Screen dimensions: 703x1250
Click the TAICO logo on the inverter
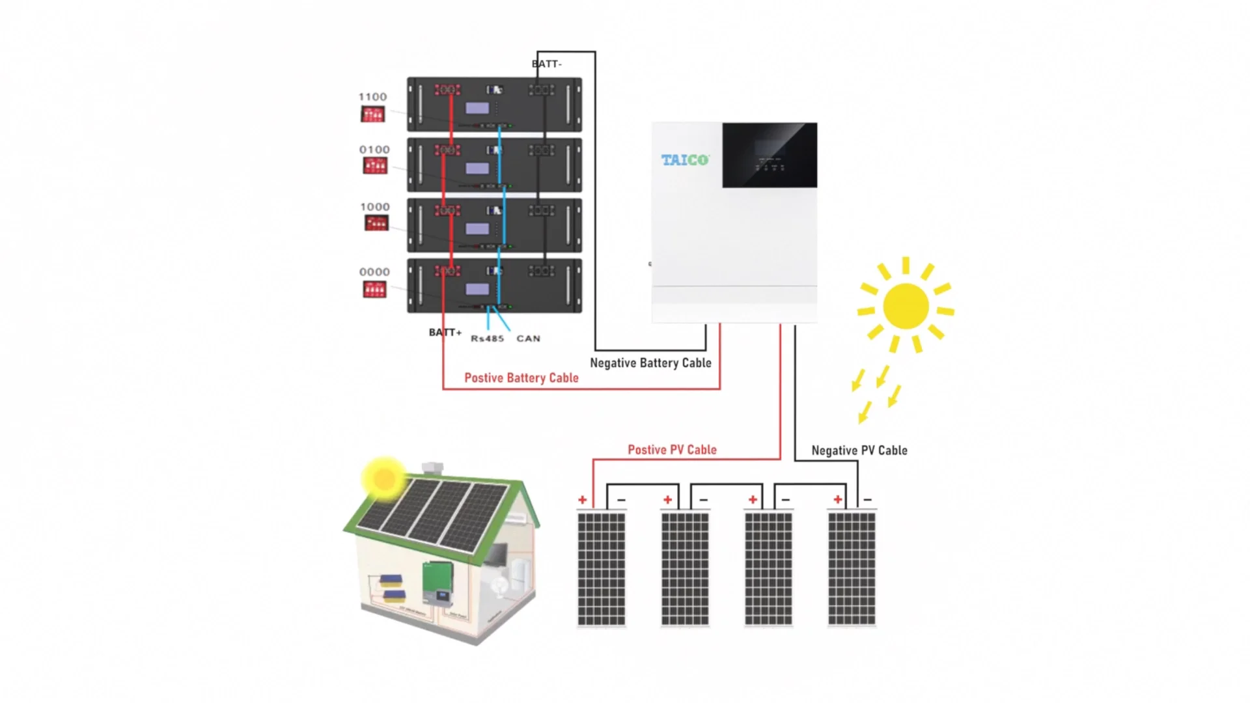[685, 159]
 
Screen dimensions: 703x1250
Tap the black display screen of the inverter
[770, 155]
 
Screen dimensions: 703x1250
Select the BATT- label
[547, 64]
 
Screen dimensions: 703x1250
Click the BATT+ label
[445, 333]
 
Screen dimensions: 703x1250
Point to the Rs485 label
[487, 338]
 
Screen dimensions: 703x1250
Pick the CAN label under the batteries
[528, 338]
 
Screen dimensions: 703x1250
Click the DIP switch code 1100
[372, 97]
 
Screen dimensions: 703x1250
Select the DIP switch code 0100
[374, 150]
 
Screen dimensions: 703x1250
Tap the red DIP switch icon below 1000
[376, 223]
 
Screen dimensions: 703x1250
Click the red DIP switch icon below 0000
[374, 289]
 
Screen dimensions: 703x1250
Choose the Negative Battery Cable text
[650, 363]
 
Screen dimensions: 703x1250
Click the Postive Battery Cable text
[521, 378]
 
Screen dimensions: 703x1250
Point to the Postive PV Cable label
[672, 450]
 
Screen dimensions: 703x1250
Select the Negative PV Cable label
[859, 450]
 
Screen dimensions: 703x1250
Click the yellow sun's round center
[906, 306]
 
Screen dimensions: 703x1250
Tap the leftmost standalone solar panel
[601, 569]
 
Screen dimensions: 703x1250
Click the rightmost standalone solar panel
[852, 569]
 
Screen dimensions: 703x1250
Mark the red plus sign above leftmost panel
[582, 500]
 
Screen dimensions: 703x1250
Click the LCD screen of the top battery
[477, 108]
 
